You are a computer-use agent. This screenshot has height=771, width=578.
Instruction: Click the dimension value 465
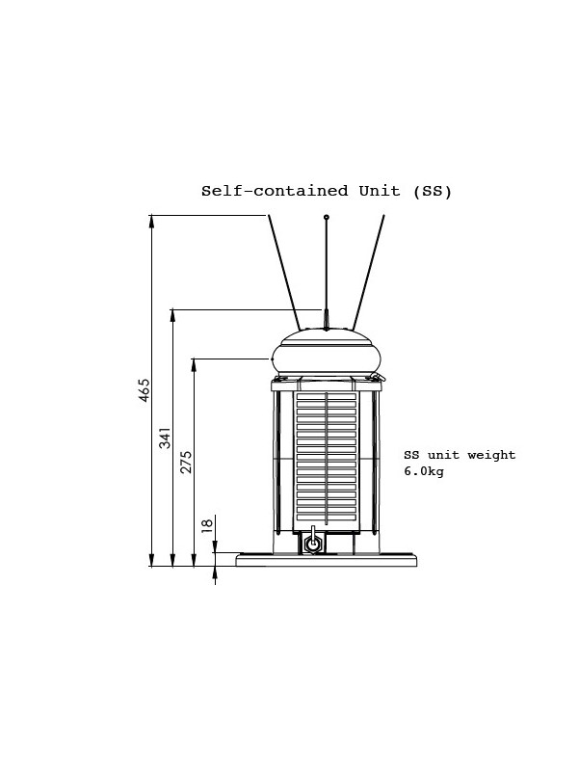click(x=144, y=390)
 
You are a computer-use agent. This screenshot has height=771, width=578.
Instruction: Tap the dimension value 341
click(x=165, y=438)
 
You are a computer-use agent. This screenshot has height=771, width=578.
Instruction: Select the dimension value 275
click(x=186, y=462)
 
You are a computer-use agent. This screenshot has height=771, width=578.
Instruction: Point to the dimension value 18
click(x=207, y=524)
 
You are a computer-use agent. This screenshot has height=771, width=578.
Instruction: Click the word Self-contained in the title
click(x=275, y=191)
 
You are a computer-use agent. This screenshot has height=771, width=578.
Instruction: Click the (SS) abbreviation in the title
click(x=432, y=191)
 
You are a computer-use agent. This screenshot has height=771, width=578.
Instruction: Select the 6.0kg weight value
click(x=424, y=471)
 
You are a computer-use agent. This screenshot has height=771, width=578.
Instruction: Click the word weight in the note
click(x=491, y=455)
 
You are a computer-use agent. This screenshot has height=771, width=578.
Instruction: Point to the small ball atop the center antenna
click(x=326, y=217)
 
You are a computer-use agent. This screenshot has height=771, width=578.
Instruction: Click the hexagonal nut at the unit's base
click(x=312, y=544)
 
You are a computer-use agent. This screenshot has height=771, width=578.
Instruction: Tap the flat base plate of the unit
click(x=327, y=560)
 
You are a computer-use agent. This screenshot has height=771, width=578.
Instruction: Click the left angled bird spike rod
click(x=284, y=273)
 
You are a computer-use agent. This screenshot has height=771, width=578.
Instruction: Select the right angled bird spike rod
click(x=368, y=273)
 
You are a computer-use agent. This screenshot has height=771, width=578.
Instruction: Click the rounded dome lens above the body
click(x=327, y=352)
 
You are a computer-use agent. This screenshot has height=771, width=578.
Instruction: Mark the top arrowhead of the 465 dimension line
click(x=152, y=222)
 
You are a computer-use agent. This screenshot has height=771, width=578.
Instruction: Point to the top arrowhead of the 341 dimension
click(x=172, y=316)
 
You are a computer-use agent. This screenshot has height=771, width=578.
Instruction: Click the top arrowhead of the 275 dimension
click(x=195, y=365)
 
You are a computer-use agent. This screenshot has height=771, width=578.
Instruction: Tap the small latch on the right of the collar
click(x=379, y=377)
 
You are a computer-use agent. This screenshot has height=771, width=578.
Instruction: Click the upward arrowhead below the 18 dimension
click(x=215, y=572)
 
